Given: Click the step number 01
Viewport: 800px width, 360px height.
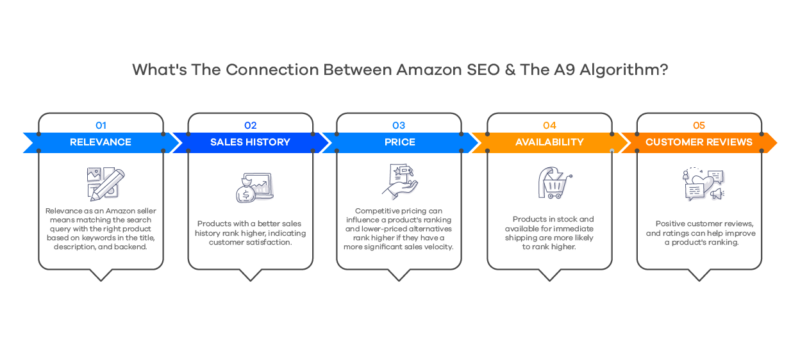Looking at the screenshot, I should tap(100, 125).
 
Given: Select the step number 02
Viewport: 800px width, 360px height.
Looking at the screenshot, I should tap(250, 125).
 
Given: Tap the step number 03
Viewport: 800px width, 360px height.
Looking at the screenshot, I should tap(400, 125).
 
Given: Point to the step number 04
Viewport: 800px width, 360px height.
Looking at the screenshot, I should tap(549, 125).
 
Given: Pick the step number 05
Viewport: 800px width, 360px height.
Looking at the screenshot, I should tap(699, 125).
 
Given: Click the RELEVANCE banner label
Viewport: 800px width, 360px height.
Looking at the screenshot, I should tap(100, 142).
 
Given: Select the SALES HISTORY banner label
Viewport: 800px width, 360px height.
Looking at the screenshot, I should tap(250, 142).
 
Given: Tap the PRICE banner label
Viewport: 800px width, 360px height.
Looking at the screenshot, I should tap(400, 142).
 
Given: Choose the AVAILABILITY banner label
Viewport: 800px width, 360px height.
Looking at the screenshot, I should tap(549, 142).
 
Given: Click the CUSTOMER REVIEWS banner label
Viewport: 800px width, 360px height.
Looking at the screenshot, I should tap(699, 142).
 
